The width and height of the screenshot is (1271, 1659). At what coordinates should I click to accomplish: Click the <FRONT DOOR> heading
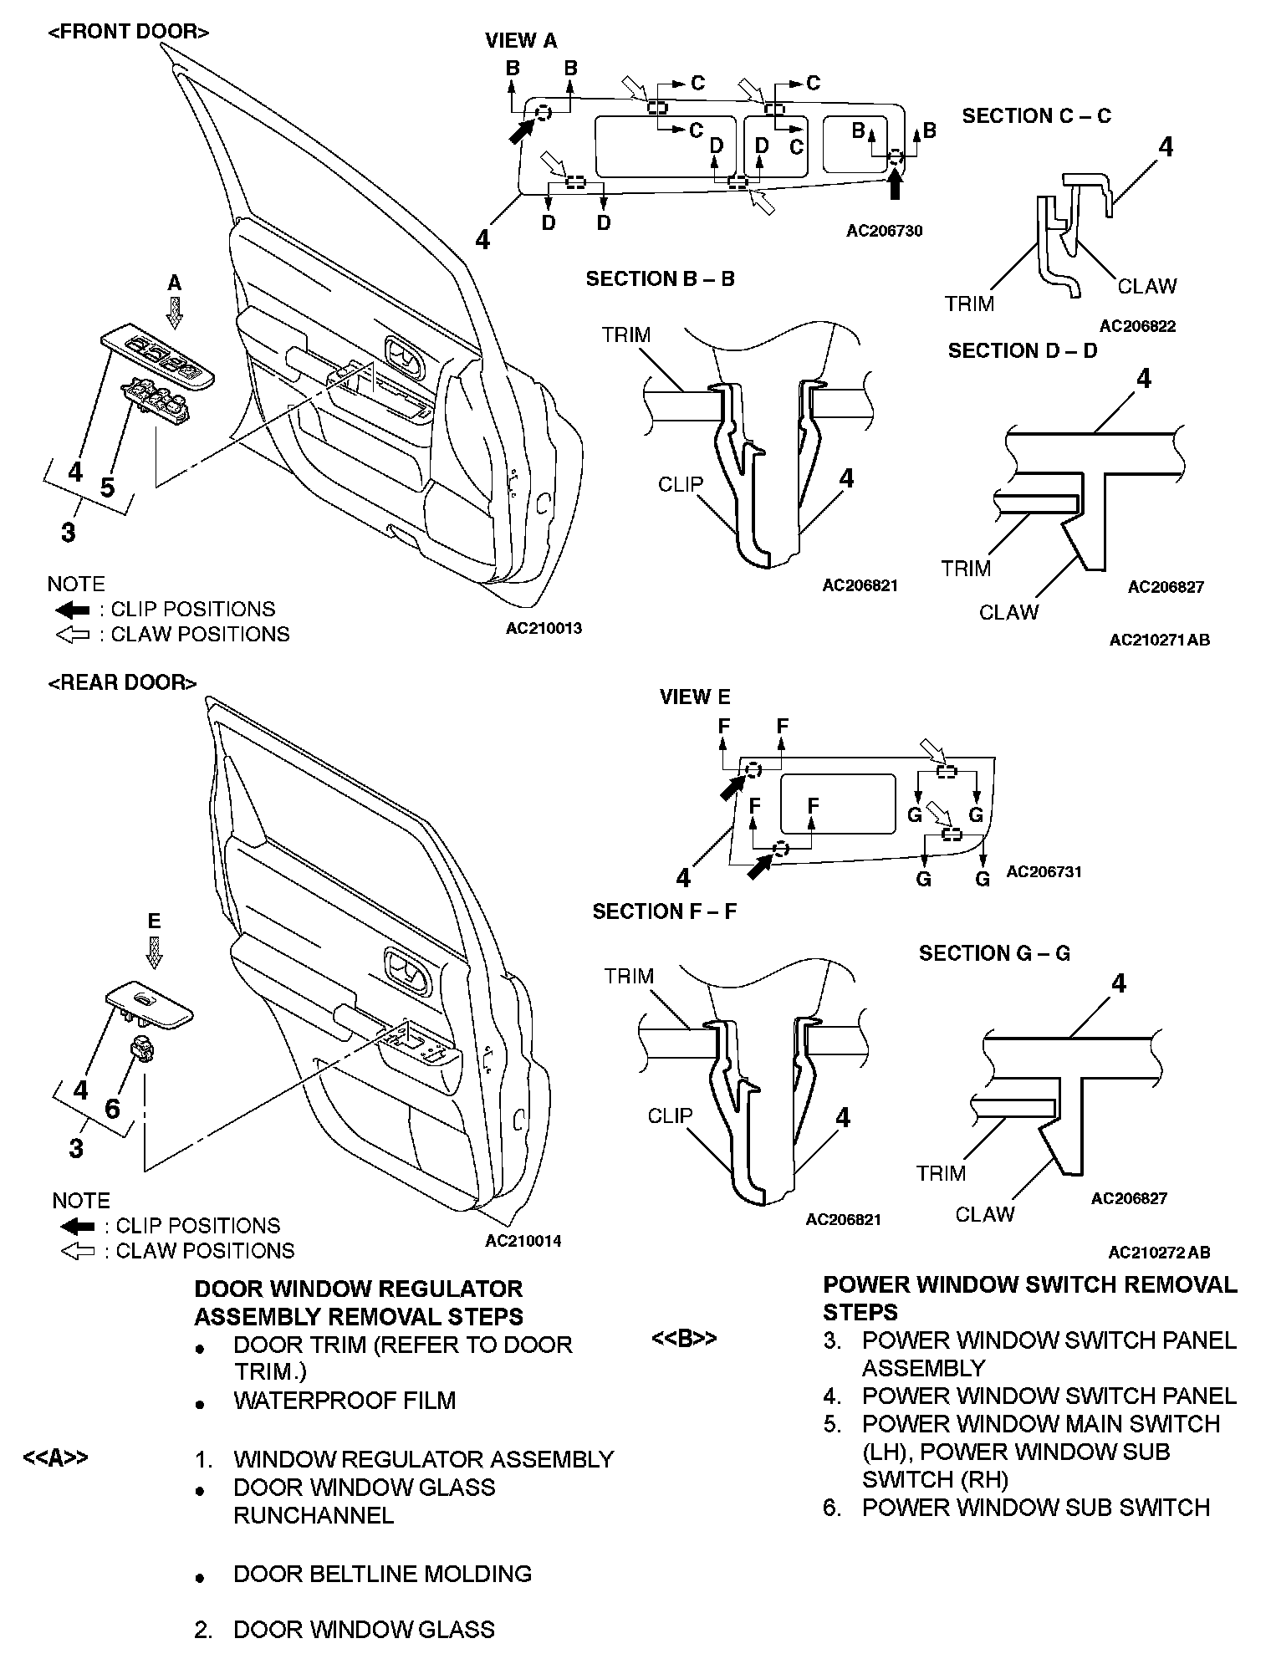tap(128, 32)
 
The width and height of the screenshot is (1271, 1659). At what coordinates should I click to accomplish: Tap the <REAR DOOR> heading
tap(122, 682)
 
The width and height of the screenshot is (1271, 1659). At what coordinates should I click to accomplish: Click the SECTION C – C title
tap(1036, 115)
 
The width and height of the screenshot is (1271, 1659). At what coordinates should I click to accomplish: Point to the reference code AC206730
tap(884, 231)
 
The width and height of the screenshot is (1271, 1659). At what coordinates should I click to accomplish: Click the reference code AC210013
tap(544, 628)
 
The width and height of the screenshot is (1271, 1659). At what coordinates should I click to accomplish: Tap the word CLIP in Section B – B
tap(680, 484)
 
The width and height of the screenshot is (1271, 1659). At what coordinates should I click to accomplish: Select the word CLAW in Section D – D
tap(1008, 612)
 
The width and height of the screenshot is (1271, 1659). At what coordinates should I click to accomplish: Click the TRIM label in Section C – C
tap(969, 304)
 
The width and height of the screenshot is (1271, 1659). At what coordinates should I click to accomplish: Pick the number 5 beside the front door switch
tap(107, 487)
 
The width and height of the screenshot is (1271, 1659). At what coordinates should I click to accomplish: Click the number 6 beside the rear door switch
tap(112, 1108)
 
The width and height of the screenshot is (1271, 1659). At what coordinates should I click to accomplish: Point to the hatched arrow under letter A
tap(174, 311)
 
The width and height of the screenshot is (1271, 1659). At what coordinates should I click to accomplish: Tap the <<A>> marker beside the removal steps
tap(55, 1458)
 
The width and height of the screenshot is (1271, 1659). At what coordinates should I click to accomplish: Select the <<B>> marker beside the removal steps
tap(683, 1339)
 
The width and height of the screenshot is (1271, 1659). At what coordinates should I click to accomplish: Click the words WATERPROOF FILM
tap(345, 1400)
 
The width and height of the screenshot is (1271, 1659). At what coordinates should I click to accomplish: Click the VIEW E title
tap(694, 697)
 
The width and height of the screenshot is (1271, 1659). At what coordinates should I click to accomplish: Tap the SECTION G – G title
tap(994, 952)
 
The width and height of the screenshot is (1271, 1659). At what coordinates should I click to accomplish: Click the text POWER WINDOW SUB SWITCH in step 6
tap(1036, 1507)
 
